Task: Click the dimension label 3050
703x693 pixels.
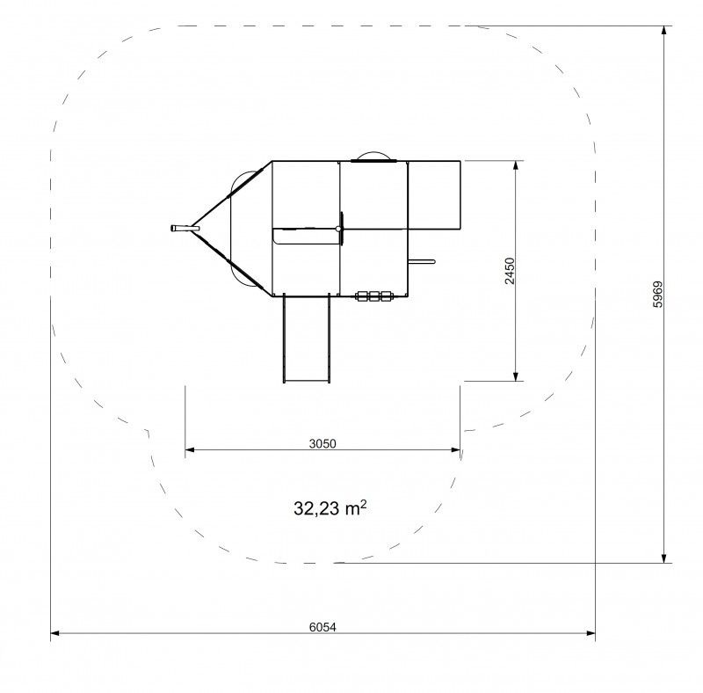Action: [x=323, y=443]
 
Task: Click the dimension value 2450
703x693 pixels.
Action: [x=510, y=271]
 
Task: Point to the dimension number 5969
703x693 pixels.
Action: [x=657, y=294]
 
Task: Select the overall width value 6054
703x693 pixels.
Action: [x=323, y=626]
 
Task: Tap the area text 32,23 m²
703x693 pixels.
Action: [x=330, y=508]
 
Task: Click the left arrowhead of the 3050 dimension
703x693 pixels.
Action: [x=190, y=449]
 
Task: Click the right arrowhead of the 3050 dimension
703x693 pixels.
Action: [x=455, y=449]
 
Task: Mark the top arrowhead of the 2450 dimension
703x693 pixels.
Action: [x=516, y=165]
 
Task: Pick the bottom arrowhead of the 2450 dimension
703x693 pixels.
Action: [x=516, y=376]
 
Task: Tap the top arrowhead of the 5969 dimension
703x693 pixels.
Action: [x=664, y=31]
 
